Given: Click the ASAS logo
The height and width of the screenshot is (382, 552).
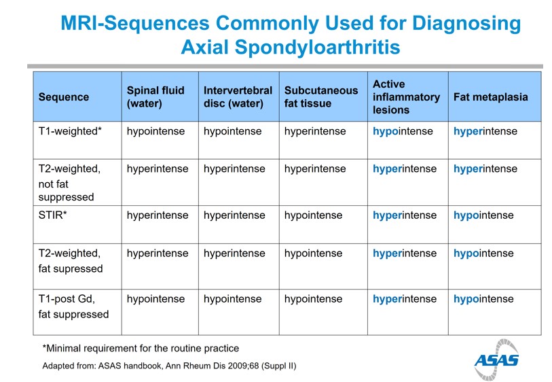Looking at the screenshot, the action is point(496,360).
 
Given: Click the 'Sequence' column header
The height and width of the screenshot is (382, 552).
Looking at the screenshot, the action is point(64,97).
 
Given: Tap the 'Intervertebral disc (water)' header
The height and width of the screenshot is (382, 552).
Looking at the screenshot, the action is point(238,97).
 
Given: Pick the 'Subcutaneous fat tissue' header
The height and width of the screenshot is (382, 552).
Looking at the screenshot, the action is point(321,97).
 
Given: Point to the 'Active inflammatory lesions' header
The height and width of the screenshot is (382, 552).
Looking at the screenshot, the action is point(406,97).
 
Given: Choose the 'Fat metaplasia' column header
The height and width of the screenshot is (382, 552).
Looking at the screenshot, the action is point(490,97).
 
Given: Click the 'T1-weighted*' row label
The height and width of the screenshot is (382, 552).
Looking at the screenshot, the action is point(70,131).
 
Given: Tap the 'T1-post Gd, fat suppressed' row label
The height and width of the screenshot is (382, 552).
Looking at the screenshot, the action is point(73,307).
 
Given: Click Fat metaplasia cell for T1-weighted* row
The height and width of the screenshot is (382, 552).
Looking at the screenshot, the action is point(485,131).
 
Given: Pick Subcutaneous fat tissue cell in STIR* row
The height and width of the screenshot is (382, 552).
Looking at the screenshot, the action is point(313,215).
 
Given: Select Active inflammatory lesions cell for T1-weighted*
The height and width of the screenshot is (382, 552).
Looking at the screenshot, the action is point(403,131).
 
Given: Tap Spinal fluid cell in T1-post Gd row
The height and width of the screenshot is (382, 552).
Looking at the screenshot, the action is point(155,299).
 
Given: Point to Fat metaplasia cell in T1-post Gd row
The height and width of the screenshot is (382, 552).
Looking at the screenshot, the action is point(483,299).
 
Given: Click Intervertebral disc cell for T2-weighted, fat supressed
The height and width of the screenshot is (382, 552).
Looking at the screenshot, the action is point(234,254).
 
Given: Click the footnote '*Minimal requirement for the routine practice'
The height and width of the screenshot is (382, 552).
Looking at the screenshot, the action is point(141,348).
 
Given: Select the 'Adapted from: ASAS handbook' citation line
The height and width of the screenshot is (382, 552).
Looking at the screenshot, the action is point(169,366).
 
